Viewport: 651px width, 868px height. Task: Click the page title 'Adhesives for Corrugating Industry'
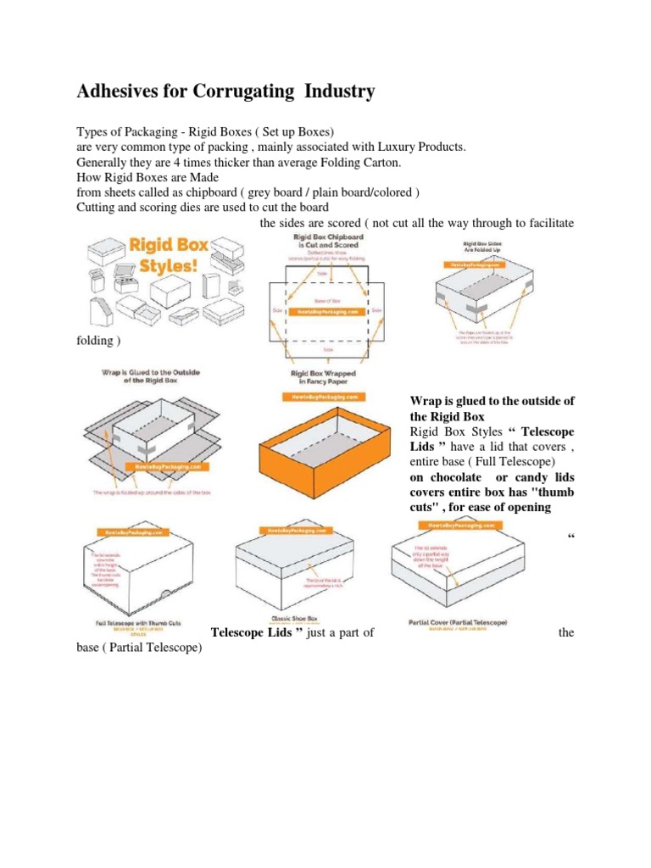pyautogui.click(x=225, y=92)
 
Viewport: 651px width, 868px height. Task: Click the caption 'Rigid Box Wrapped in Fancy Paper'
pyautogui.click(x=323, y=377)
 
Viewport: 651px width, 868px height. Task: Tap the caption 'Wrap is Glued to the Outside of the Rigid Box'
pyautogui.click(x=150, y=376)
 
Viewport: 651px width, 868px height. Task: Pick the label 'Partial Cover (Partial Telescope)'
pyautogui.click(x=457, y=622)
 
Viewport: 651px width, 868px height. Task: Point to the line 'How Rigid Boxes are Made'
pyautogui.click(x=147, y=177)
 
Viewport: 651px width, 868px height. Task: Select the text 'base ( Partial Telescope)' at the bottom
pyautogui.click(x=139, y=648)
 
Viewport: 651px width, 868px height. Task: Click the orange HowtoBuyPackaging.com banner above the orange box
pyautogui.click(x=322, y=397)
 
